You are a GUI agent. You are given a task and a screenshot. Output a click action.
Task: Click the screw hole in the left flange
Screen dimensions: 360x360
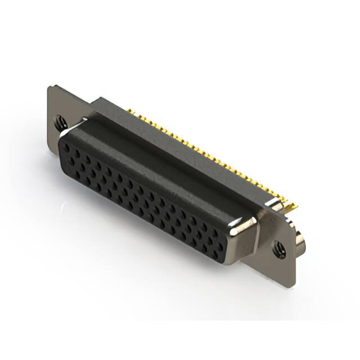(x=59, y=120)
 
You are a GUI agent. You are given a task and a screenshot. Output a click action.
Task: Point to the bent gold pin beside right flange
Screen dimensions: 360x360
(x=290, y=209)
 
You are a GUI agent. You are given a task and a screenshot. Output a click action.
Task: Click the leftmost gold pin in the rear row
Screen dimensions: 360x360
(x=128, y=110)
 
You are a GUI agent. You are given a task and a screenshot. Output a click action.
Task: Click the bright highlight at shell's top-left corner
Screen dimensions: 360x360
(x=82, y=120)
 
